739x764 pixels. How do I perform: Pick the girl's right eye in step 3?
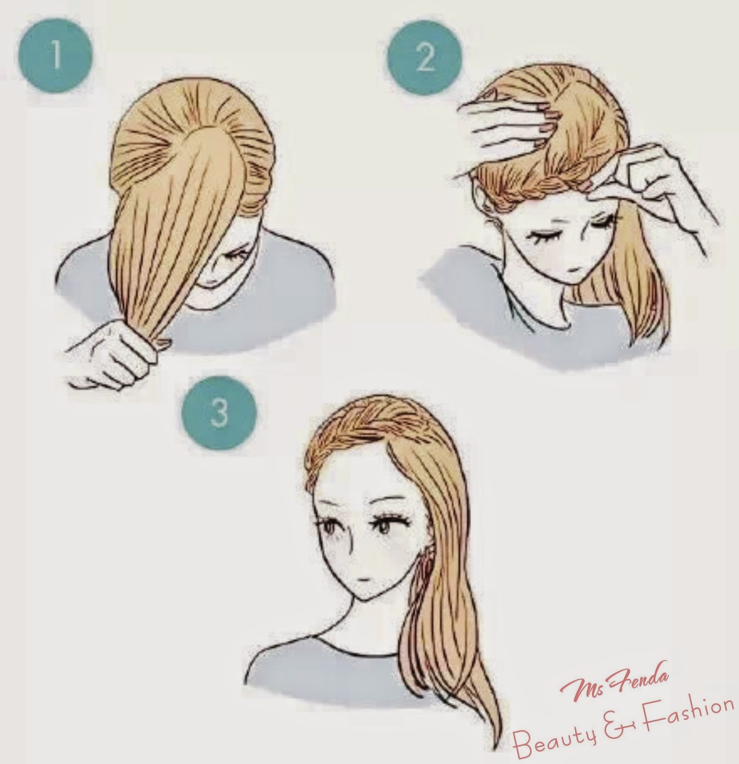[x=329, y=528]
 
